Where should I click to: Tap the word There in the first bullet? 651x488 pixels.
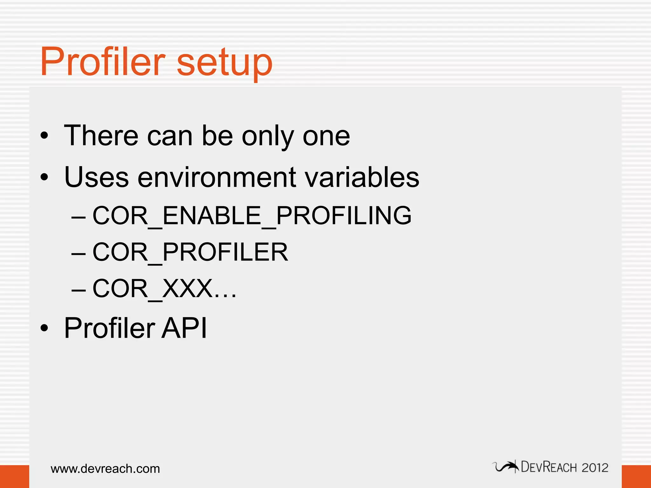point(101,136)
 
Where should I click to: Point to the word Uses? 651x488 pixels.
point(96,177)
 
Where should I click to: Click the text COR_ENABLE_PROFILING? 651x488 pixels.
point(252,216)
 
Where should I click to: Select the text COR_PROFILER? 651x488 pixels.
point(190,252)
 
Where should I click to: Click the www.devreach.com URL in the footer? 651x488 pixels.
point(105,469)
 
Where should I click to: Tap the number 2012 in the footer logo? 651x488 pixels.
point(595,468)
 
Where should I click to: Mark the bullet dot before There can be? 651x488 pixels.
point(45,136)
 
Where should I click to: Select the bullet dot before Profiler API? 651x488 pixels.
point(45,328)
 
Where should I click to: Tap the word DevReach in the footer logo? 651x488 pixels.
point(549,467)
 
